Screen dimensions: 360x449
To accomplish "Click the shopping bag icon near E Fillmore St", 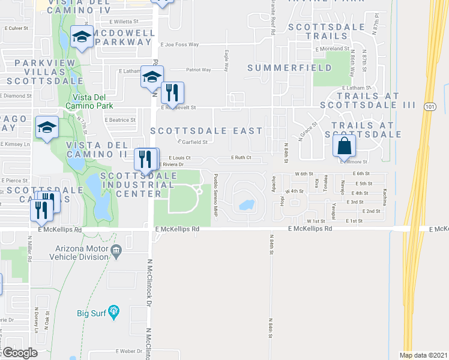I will [x=345, y=146].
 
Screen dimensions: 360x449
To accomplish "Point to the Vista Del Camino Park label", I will [x=94, y=97].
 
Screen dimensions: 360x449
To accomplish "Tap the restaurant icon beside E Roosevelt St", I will [x=172, y=92].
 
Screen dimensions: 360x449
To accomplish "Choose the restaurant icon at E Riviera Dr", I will [x=143, y=158].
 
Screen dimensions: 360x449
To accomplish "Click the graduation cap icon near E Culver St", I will [x=81, y=37].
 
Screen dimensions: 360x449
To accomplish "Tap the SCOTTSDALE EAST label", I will [x=206, y=130].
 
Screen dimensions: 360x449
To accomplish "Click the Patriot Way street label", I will [x=198, y=70].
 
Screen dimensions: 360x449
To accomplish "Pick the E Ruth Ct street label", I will [x=241, y=158].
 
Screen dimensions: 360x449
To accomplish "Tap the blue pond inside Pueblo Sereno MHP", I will [x=246, y=205].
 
